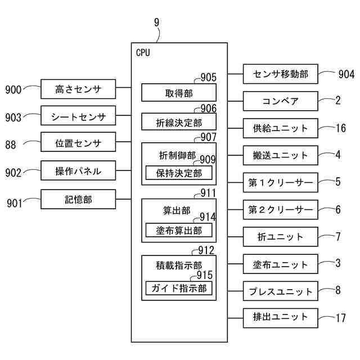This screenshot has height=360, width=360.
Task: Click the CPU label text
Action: (143, 52)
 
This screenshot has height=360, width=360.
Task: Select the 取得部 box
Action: (179, 92)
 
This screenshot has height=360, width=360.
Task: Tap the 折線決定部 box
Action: (179, 121)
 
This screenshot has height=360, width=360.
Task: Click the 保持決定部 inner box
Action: (179, 173)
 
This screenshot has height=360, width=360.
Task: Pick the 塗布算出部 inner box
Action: (179, 230)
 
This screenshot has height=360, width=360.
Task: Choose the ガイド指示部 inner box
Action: (179, 288)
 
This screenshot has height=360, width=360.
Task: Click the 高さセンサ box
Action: (78, 89)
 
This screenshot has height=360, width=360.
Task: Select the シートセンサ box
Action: (78, 115)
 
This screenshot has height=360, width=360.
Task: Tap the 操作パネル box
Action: (78, 170)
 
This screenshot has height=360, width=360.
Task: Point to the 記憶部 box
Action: (78, 199)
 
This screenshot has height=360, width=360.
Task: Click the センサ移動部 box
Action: (281, 74)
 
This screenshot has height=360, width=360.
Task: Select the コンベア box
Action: (281, 101)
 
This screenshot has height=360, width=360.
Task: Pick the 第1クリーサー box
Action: (281, 182)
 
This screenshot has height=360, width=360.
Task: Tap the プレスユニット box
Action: (281, 291)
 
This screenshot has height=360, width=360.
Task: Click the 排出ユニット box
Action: (281, 318)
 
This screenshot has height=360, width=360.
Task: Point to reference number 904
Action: (346, 74)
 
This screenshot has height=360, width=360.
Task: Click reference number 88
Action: (11, 145)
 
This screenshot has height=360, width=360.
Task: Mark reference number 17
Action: (341, 318)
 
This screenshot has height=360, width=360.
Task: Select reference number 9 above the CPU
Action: (156, 22)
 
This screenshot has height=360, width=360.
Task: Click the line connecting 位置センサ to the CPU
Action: (124, 142)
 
